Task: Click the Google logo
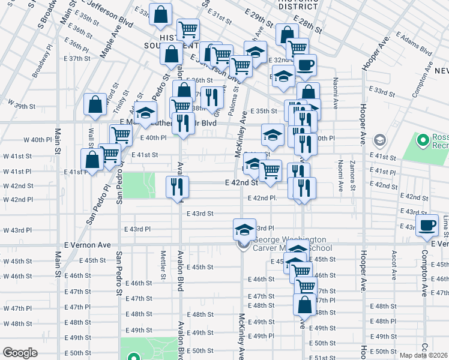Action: pyautogui.click(x=20, y=352)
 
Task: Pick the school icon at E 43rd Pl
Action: pyautogui.click(x=244, y=230)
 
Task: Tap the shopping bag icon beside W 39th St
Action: pyautogui.click(x=95, y=106)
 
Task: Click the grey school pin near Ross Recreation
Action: pyautogui.click(x=379, y=141)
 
